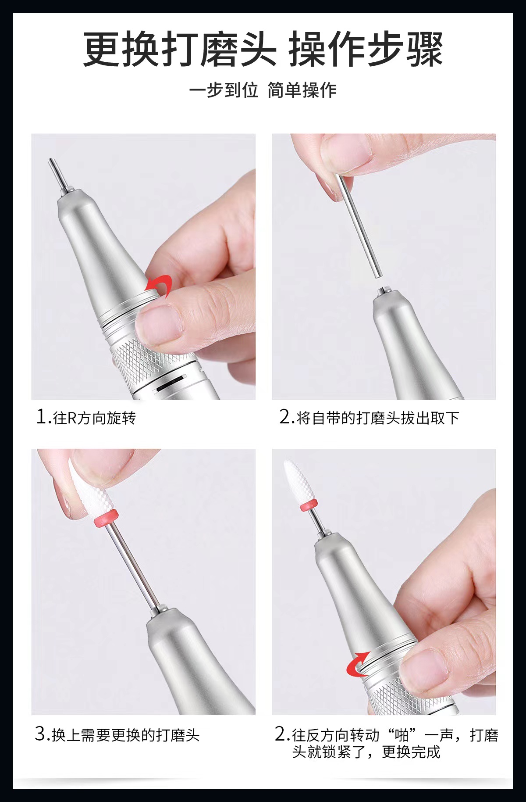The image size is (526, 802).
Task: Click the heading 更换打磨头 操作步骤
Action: (x=263, y=49)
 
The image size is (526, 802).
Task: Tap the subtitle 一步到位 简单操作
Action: (x=263, y=90)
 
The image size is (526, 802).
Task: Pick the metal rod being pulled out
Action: (x=359, y=226)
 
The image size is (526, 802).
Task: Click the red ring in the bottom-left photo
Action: (x=106, y=518)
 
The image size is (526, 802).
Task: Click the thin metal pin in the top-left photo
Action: (x=57, y=175)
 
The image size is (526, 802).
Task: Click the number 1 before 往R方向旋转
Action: (x=41, y=417)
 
